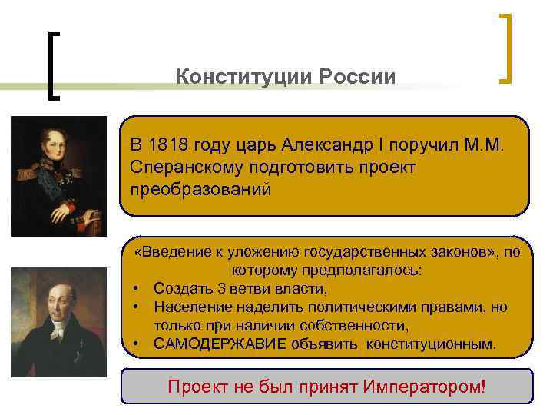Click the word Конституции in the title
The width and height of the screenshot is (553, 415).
pos(234,78)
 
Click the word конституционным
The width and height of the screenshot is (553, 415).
pos(431,343)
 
